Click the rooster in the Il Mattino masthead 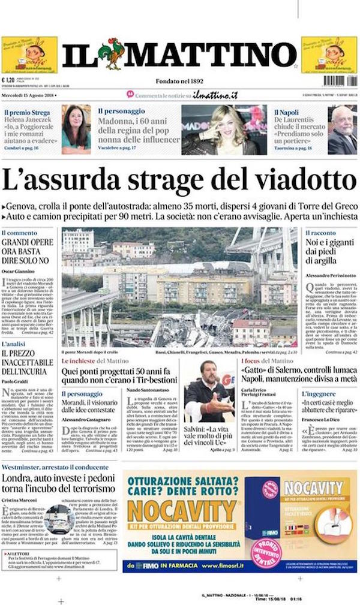(x=111, y=53)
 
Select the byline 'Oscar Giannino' (x=20, y=271)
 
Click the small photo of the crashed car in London (x=59, y=519)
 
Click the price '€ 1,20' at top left (x=8, y=80)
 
